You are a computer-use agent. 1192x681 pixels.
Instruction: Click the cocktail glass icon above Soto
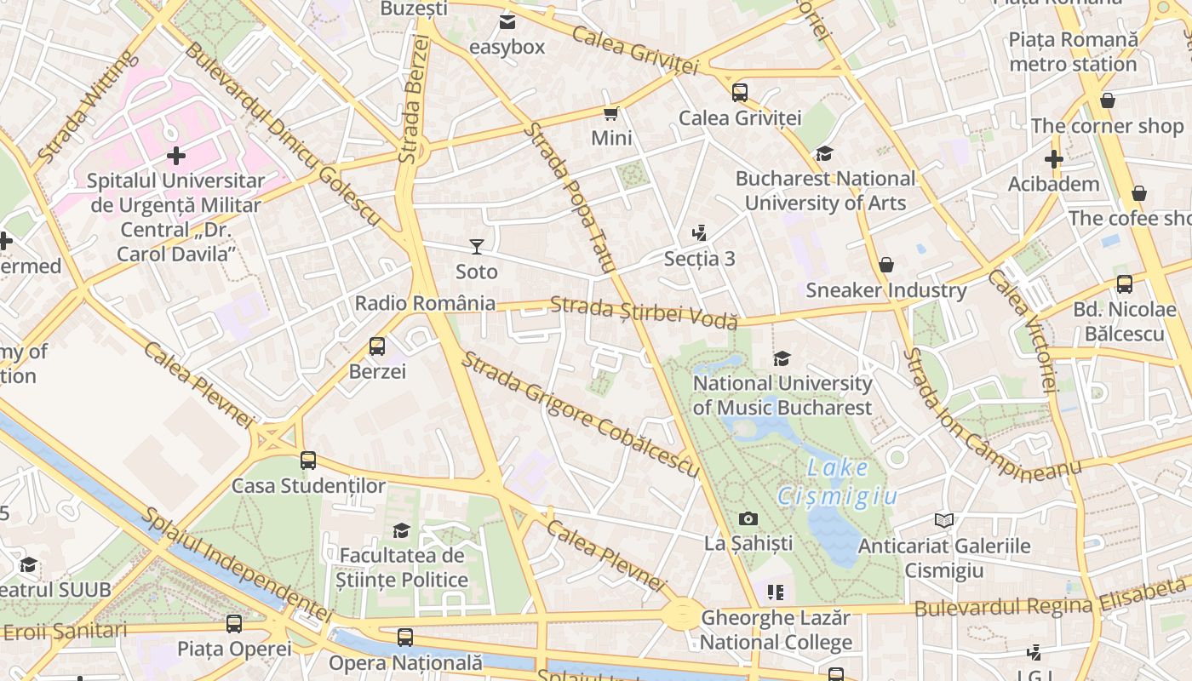pos(477,247)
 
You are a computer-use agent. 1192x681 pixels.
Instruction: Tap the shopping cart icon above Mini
pos(610,113)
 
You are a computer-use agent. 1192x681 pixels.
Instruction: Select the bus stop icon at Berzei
pos(377,346)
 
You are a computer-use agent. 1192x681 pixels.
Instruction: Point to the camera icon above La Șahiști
pos(748,518)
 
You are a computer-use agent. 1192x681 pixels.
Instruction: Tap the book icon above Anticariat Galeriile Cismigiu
pos(943,520)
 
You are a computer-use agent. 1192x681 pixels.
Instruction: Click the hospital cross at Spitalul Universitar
pos(176,156)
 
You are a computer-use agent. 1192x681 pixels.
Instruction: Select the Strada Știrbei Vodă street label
pos(644,312)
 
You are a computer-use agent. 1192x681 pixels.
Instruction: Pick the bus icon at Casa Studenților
pos(308,461)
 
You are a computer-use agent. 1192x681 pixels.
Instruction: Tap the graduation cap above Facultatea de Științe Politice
pos(401,531)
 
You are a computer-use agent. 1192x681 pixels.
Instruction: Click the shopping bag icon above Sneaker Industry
pos(886,265)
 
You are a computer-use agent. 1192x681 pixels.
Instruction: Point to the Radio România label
pos(425,303)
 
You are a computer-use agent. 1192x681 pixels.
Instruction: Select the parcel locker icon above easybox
pos(507,22)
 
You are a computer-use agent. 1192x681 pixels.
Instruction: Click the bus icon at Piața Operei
pos(234,624)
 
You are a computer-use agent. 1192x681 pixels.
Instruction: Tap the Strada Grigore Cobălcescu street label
pos(580,414)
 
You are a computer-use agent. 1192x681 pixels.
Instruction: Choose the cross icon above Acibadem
pos(1054,159)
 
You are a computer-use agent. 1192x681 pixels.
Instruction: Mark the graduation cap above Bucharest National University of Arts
pos(824,153)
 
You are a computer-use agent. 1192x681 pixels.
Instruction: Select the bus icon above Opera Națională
pos(405,637)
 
